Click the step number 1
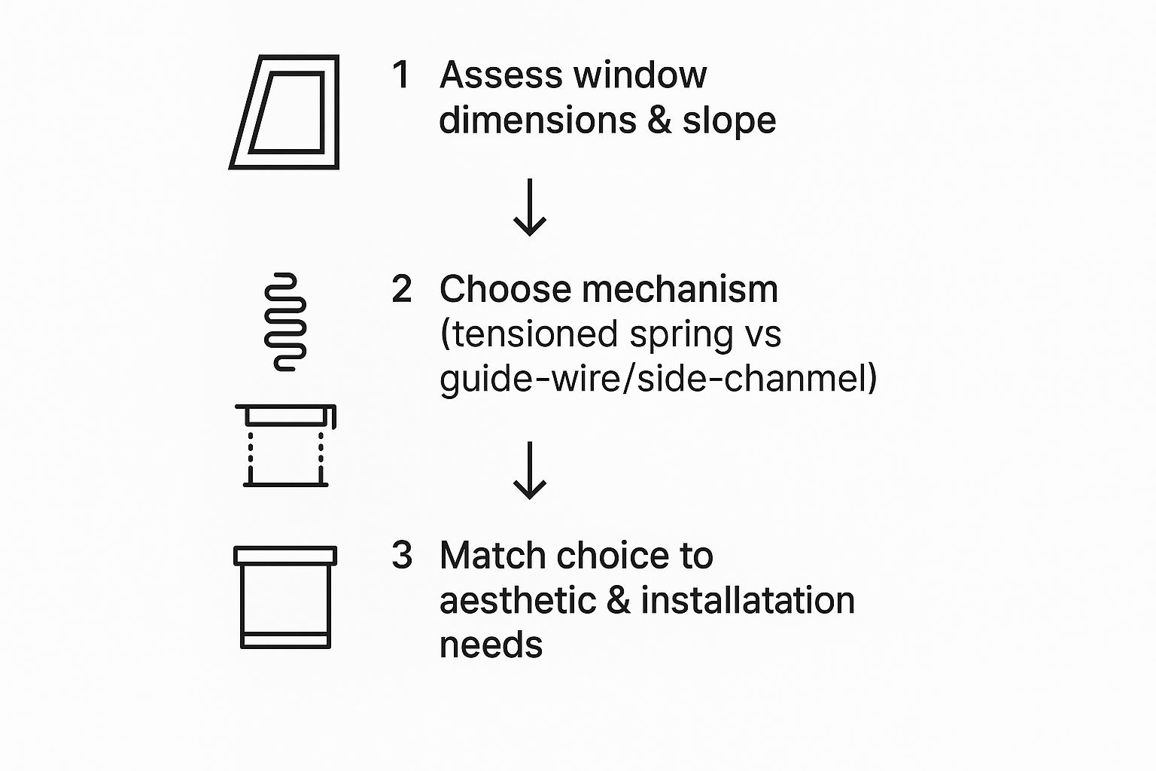(401, 75)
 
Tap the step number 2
(402, 289)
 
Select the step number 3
(402, 556)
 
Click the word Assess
(500, 75)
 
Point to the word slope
(729, 120)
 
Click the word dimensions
(538, 120)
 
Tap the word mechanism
(680, 288)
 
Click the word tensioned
(534, 334)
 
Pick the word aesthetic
(516, 601)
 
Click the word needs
(491, 645)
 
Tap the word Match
(492, 556)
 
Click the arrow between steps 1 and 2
(530, 208)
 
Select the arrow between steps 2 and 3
(530, 471)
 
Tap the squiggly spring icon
(285, 322)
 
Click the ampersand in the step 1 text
(659, 120)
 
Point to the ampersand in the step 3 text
(618, 601)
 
